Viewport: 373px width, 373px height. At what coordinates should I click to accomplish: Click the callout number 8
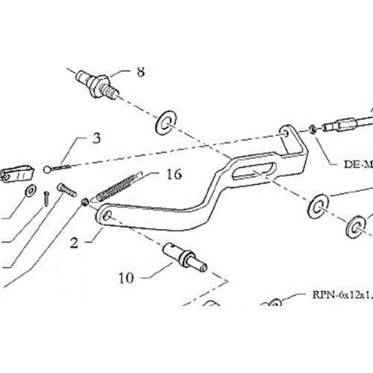tap(140, 72)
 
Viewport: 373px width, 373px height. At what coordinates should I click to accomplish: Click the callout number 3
tap(96, 138)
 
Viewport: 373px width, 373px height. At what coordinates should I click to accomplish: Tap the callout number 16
tap(174, 175)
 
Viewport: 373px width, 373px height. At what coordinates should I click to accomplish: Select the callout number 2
tap(74, 242)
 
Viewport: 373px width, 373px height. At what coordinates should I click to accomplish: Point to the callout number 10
tap(126, 278)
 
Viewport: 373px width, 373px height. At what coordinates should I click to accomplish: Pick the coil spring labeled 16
tap(117, 187)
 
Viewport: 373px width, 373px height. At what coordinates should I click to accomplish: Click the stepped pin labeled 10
tap(185, 257)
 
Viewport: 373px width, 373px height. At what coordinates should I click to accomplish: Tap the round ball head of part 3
tap(47, 170)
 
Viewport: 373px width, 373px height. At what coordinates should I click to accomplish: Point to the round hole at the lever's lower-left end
tap(107, 216)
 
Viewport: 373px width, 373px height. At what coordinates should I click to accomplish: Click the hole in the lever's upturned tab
tap(285, 133)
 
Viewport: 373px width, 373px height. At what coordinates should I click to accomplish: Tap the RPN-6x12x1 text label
tap(342, 295)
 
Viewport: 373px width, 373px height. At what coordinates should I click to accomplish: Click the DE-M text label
tap(358, 164)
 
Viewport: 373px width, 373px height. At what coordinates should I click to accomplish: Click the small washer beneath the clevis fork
tap(31, 191)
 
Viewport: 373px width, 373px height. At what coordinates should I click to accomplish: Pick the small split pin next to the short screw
tap(46, 198)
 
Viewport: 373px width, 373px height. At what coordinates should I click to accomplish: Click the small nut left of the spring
tap(85, 202)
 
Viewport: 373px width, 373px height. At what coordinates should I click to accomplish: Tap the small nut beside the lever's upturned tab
tap(313, 129)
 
